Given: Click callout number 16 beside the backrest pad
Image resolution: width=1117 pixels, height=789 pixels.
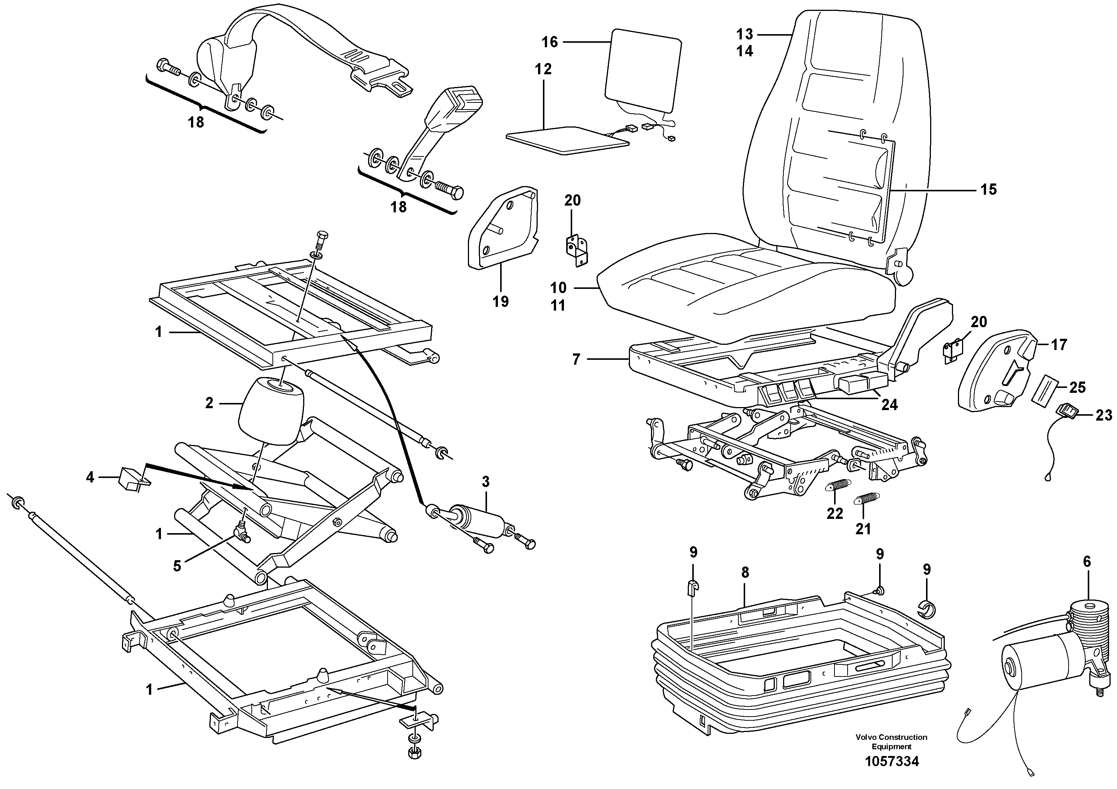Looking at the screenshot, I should coord(550,42).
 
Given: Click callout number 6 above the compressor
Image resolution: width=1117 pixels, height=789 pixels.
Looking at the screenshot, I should coord(1087,562).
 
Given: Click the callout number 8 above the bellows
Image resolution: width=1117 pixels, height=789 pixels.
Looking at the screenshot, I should coord(745,573).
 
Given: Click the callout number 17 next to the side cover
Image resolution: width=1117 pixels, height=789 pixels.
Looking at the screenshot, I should coord(1058,345).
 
